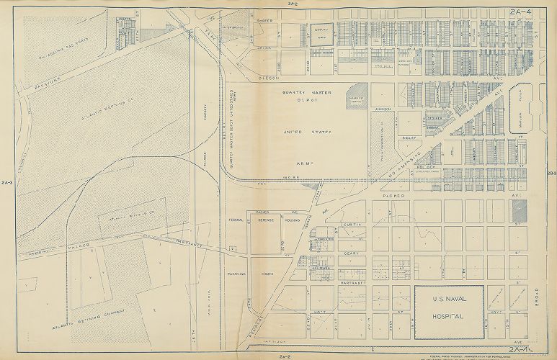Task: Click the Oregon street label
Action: (x=269, y=76)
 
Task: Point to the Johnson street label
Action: (x=382, y=109)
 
